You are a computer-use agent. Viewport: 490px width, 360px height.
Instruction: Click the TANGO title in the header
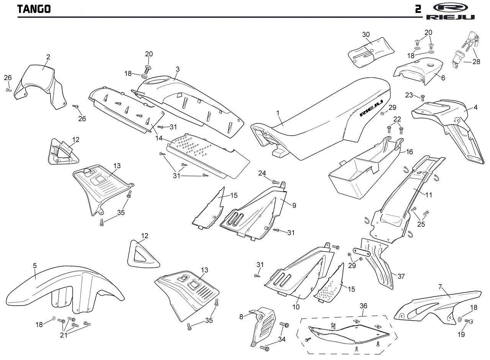coord(34,9)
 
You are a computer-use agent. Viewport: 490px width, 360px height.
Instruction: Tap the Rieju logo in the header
coord(450,11)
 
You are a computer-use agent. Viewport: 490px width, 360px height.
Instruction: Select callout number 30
coord(366,34)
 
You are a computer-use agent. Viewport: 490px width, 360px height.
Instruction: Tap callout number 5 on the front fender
coord(35,265)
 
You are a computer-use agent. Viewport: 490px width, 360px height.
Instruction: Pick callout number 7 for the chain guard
coord(440,287)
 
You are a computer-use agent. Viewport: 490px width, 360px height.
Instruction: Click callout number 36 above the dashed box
coord(364,306)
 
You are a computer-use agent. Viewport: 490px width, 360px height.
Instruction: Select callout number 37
coord(401,276)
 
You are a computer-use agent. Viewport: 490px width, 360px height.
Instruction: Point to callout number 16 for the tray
coord(410,152)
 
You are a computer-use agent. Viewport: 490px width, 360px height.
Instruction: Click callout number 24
coord(262,173)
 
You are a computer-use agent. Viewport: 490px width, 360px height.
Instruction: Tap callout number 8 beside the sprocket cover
coord(241,317)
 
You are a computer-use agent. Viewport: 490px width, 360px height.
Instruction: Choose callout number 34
coord(282,339)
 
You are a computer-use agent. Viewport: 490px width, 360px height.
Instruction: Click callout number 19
coord(461,335)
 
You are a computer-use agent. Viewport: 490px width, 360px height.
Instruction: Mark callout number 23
coord(410,95)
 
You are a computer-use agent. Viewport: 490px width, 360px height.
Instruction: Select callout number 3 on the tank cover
coord(178,69)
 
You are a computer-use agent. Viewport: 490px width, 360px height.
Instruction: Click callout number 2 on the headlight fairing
coord(48,57)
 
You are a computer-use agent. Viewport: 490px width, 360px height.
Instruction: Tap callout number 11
coord(429,195)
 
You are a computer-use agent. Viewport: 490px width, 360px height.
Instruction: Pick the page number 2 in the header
coord(418,9)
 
